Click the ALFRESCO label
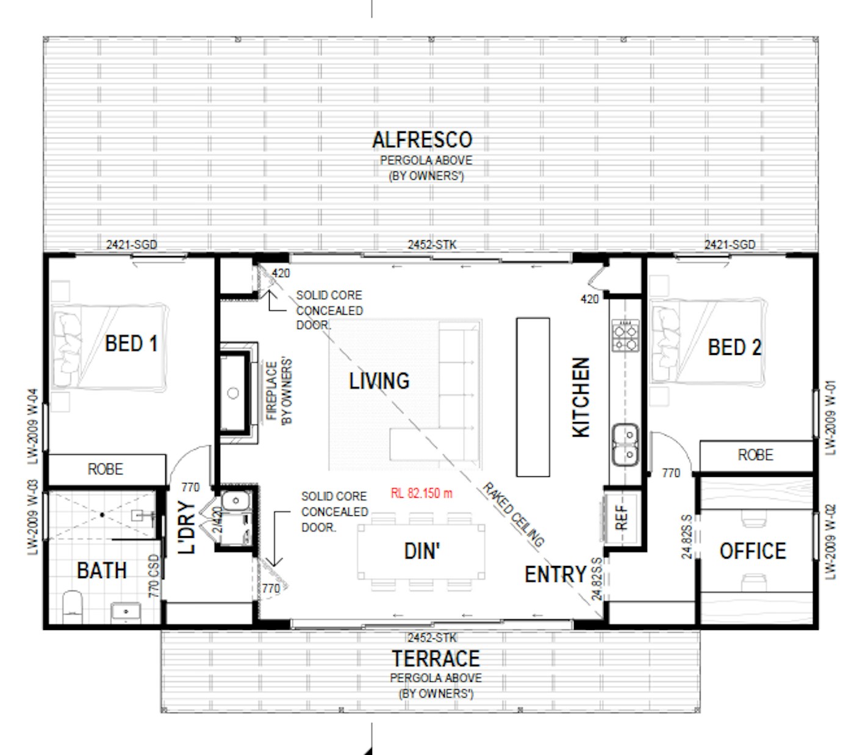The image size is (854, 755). pos(422,140)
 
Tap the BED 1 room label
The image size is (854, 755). pos(131,343)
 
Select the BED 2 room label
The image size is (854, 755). pos(734,348)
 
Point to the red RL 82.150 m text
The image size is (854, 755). pos(421,493)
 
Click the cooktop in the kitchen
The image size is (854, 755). pos(625,335)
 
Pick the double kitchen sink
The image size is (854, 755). pos(625,445)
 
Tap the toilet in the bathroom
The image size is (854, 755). pos(72,607)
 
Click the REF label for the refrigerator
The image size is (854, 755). pos(622,518)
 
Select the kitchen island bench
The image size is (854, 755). pos(533,397)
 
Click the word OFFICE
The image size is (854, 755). pos(752,551)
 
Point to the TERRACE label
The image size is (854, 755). pos(436,659)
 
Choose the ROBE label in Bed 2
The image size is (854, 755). pos(755,455)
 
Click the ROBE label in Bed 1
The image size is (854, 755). pos(106,469)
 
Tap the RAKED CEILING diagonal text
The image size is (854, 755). pos(513,515)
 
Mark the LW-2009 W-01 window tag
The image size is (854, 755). pos(830,418)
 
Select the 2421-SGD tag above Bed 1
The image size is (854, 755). pos(132,245)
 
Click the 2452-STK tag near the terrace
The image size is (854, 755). pos(432,638)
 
